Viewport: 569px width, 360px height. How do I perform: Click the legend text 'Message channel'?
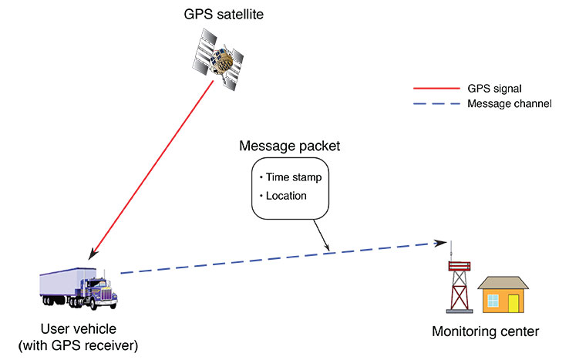click(510, 103)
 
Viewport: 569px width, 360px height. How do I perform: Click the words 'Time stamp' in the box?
click(295, 177)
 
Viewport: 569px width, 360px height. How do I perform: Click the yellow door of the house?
click(513, 301)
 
